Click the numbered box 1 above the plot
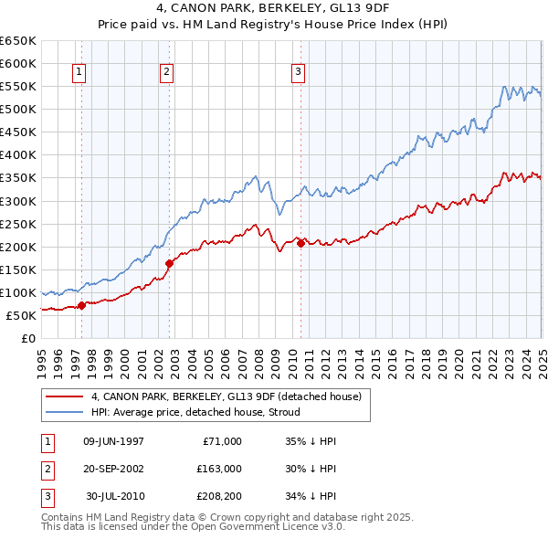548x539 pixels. (x=79, y=72)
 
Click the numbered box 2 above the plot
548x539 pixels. (x=167, y=72)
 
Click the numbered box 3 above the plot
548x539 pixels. (x=299, y=72)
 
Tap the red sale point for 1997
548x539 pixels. (x=81, y=305)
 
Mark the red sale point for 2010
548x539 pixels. (x=300, y=243)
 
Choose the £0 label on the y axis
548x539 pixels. (x=27, y=338)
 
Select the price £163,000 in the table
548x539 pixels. (x=219, y=469)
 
